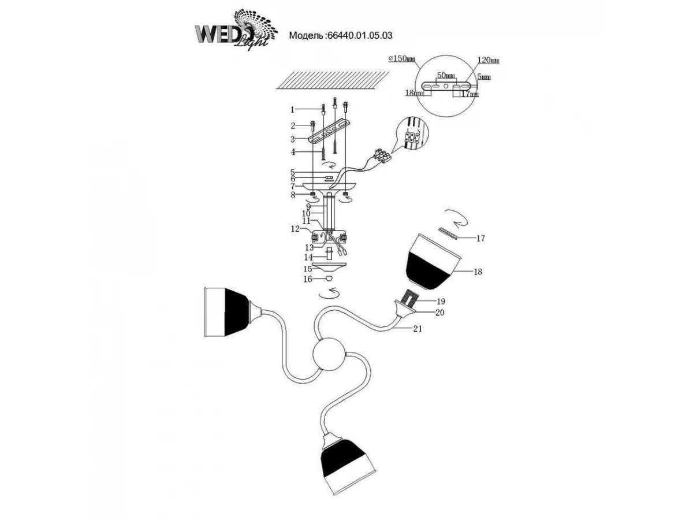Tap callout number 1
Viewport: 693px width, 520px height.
coord(293,109)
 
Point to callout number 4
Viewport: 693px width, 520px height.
coord(293,152)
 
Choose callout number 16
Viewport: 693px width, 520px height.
coord(308,279)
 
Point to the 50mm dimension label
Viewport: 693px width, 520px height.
coord(445,76)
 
